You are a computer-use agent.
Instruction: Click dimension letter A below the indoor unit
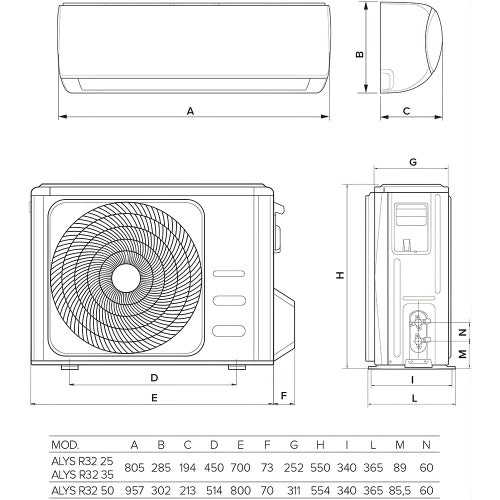[191, 111]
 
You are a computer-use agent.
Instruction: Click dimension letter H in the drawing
[340, 277]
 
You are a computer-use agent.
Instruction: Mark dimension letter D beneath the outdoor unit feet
[154, 378]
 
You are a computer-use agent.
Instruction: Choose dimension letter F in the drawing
[285, 396]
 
